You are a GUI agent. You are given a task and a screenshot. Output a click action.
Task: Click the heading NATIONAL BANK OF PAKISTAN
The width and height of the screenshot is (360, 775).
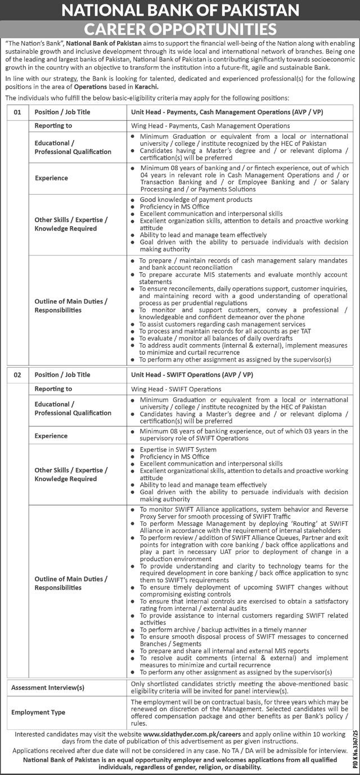coord(180,11)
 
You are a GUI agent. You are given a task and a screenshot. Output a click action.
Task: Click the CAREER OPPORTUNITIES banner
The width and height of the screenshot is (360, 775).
coord(180,29)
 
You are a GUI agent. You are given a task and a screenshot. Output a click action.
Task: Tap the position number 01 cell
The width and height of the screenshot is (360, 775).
coord(17,112)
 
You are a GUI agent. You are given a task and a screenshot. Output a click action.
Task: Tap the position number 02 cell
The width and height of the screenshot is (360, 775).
coord(17,375)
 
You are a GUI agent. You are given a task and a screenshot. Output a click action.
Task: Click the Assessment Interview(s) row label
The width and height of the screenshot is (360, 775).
coord(48,687)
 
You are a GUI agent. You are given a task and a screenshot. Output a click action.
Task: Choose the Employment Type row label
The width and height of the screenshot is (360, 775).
coord(38,712)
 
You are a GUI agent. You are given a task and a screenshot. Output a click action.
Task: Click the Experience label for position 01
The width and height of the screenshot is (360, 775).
coord(51,178)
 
